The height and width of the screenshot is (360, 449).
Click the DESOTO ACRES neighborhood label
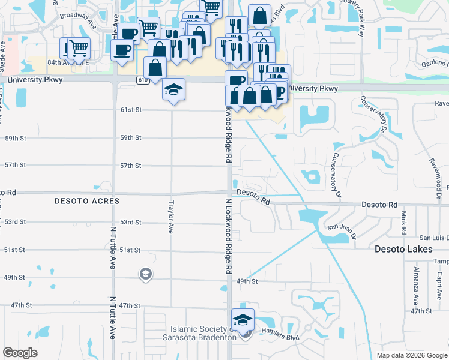click(x=88, y=201)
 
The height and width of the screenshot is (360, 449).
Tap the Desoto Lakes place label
click(x=403, y=248)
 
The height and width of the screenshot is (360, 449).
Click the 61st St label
click(x=130, y=110)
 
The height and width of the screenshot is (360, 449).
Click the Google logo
click(x=20, y=353)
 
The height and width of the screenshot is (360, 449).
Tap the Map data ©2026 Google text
click(x=411, y=355)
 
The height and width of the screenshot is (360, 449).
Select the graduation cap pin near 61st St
click(x=174, y=90)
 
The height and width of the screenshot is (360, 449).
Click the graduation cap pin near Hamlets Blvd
click(x=243, y=320)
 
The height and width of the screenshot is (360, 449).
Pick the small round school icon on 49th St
click(x=144, y=275)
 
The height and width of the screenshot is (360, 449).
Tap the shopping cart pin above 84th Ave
click(x=78, y=47)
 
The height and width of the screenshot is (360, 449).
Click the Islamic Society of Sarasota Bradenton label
click(x=203, y=333)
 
